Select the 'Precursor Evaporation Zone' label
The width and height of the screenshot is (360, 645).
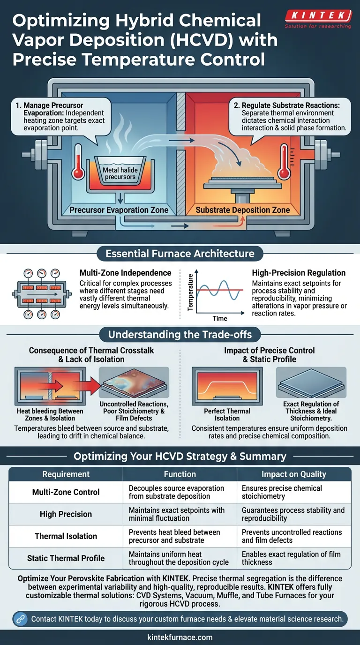coord(119,210)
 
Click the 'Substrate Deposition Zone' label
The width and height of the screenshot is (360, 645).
coord(243,210)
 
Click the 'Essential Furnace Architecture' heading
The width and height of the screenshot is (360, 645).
coord(180,254)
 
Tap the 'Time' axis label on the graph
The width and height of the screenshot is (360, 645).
coord(219,318)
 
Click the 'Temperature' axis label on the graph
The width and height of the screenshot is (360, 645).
coord(191,293)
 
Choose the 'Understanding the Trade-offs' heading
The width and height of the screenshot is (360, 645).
coord(180,335)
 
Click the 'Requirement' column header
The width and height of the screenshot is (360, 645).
coord(66,474)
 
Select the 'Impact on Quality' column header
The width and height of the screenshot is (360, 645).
coord(293,474)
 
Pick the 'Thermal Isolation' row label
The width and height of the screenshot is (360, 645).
coord(66,536)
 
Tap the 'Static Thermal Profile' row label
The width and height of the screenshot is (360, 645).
coord(66,558)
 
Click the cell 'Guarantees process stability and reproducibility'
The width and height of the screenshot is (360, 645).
coord(293,514)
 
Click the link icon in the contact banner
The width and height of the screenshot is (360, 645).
coord(20,619)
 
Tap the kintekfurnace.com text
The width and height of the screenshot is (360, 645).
coord(180,637)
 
